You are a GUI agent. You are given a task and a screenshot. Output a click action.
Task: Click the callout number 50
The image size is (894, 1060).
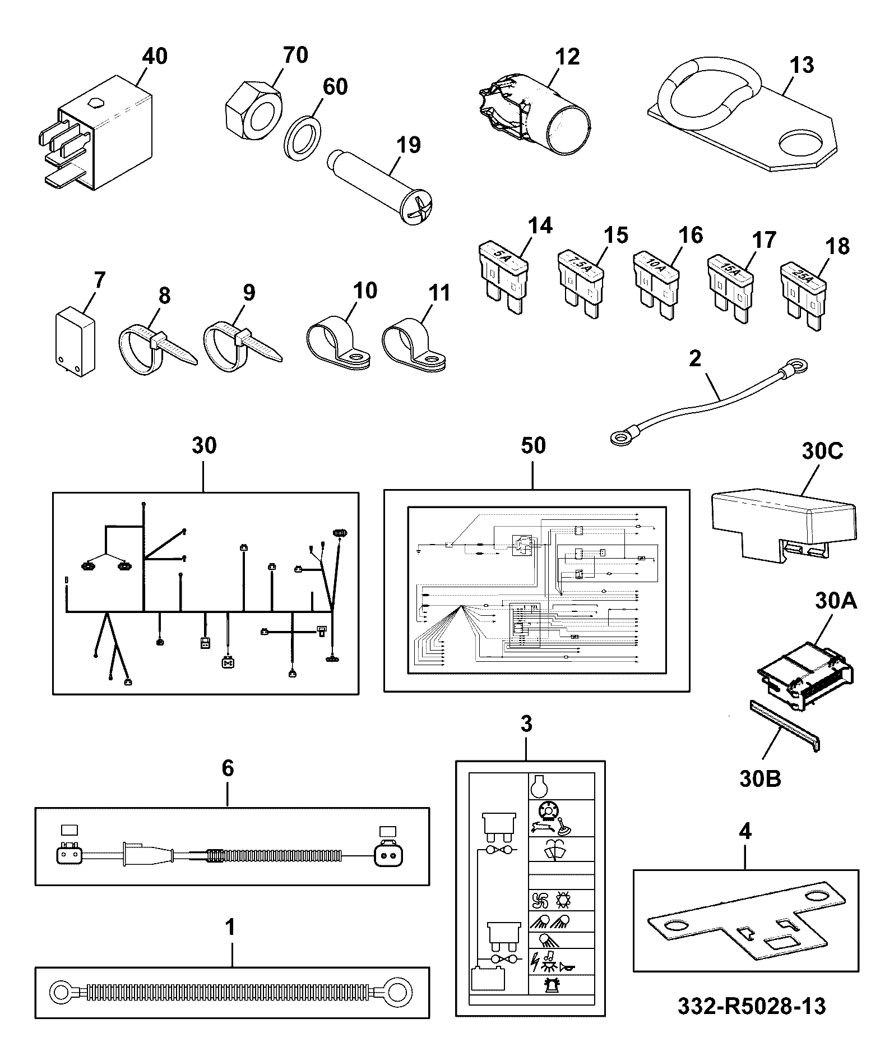(x=532, y=445)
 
